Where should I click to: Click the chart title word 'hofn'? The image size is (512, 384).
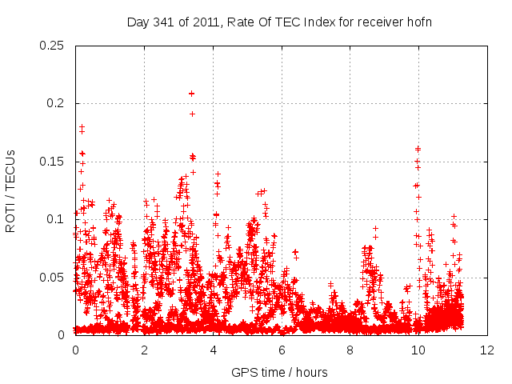point(418,22)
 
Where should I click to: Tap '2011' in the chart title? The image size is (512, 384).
point(205,22)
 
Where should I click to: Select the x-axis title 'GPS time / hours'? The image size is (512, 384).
point(280,372)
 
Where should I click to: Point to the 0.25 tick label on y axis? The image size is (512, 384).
point(54,46)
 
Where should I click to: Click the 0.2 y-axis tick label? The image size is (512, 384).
point(57,103)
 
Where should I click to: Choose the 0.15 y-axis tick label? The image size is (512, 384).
point(54,162)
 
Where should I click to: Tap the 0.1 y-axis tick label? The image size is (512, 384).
point(57,219)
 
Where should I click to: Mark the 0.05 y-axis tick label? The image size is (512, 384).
point(54,277)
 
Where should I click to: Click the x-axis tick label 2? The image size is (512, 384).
point(144,350)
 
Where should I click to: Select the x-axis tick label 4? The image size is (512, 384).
point(213,350)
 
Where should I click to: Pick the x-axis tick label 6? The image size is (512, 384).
point(282,350)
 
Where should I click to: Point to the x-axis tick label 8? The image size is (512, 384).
point(350,350)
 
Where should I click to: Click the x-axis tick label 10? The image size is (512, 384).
point(418,350)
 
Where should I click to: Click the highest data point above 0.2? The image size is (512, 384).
point(191,94)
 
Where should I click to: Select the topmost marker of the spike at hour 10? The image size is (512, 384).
point(418,148)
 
